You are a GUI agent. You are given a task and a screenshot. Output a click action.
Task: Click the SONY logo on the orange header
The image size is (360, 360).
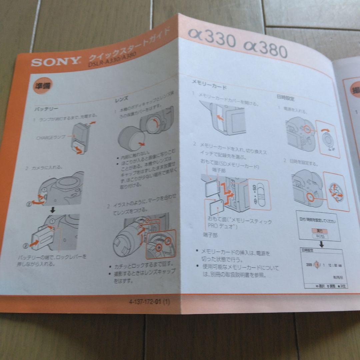point(56,62)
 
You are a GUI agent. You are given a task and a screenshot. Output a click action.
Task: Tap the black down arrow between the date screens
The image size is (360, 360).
point(322,244)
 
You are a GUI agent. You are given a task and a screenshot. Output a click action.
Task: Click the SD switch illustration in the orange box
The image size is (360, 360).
point(260,194)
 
